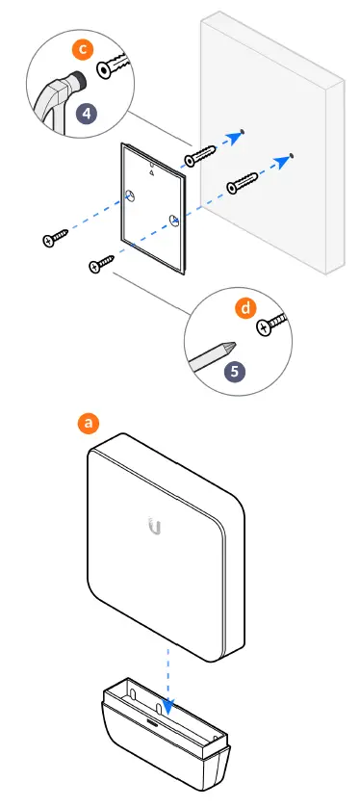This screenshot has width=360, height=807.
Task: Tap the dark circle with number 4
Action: [87, 112]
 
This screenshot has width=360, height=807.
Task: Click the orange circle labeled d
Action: [244, 310]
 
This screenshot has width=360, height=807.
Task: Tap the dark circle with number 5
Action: [234, 371]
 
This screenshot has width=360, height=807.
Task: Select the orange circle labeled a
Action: [90, 422]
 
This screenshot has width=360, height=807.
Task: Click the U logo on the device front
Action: [155, 525]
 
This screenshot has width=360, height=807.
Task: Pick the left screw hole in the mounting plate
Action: [128, 196]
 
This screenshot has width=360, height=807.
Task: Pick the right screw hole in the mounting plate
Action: [174, 221]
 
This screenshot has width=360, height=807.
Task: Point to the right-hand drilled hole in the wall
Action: [291, 154]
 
